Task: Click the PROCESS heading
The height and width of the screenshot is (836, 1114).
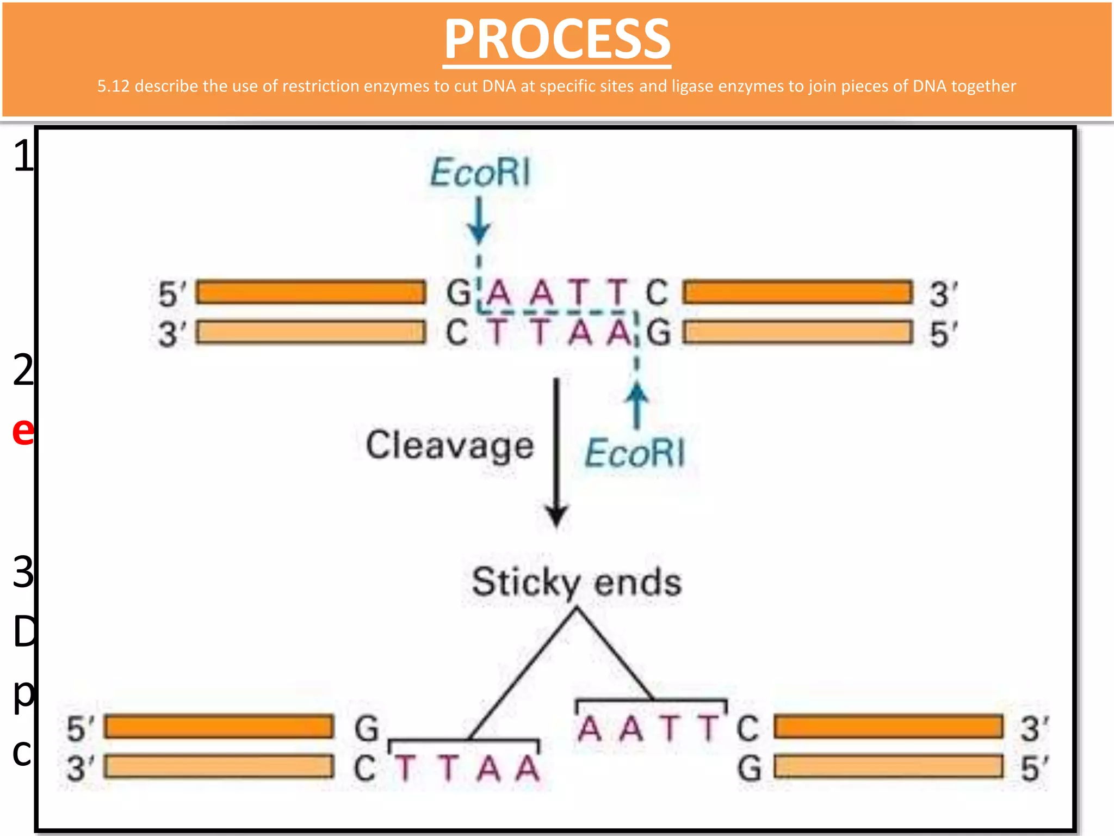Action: click(x=557, y=39)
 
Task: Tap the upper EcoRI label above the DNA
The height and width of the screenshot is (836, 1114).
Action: click(x=480, y=173)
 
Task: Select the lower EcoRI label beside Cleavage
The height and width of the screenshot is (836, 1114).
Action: click(x=634, y=453)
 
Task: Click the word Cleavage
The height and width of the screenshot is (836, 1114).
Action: click(x=449, y=445)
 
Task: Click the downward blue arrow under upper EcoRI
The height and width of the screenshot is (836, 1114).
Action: click(x=479, y=220)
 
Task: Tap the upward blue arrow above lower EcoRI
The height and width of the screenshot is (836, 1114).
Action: click(x=636, y=405)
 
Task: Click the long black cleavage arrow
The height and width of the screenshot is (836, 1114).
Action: click(x=556, y=452)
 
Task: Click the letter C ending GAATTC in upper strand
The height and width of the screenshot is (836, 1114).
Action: click(x=657, y=292)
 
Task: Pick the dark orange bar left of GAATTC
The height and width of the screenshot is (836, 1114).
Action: click(x=311, y=292)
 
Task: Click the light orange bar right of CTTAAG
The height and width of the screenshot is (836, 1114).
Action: click(x=798, y=333)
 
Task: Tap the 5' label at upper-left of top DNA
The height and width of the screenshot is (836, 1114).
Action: click(x=171, y=293)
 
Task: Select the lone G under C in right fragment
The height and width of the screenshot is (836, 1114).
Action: click(x=749, y=769)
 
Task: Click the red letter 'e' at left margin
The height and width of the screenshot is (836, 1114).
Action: click(x=23, y=431)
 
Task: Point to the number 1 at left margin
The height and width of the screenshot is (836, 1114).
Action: click(x=23, y=156)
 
